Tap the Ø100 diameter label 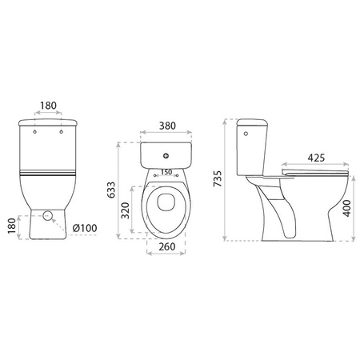pyautogui.click(x=84, y=229)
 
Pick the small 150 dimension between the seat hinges pyautogui.click(x=167, y=171)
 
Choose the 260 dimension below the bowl pyautogui.click(x=166, y=246)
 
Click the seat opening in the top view pyautogui.click(x=166, y=204)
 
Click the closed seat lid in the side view pyautogui.click(x=316, y=170)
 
